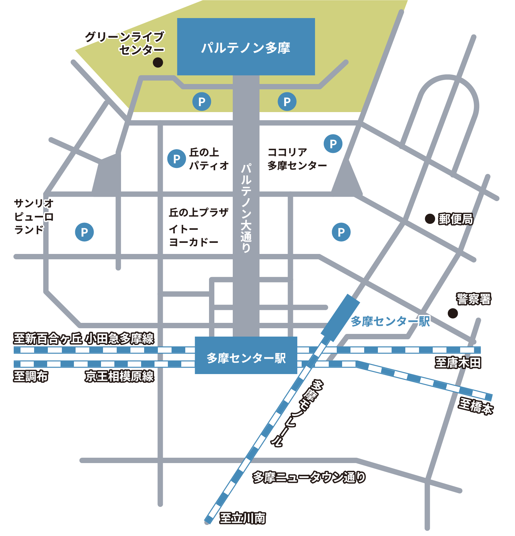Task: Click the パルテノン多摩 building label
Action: (x=246, y=48)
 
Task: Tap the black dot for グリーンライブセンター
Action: (x=158, y=62)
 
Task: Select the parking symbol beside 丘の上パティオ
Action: (x=177, y=159)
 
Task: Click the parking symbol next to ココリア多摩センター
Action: (x=333, y=144)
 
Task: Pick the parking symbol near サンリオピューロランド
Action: (x=84, y=232)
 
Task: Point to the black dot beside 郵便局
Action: (x=430, y=219)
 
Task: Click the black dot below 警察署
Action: (x=453, y=314)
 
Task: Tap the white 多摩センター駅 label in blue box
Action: (x=246, y=358)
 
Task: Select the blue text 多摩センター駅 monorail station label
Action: (x=390, y=322)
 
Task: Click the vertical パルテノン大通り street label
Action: (x=246, y=208)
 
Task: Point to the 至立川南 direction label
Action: (x=242, y=518)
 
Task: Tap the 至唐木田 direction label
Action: (x=458, y=363)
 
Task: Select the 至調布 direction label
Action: (x=31, y=376)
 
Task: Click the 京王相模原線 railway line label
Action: (x=119, y=376)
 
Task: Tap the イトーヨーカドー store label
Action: (x=193, y=236)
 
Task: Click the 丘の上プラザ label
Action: (x=199, y=212)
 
